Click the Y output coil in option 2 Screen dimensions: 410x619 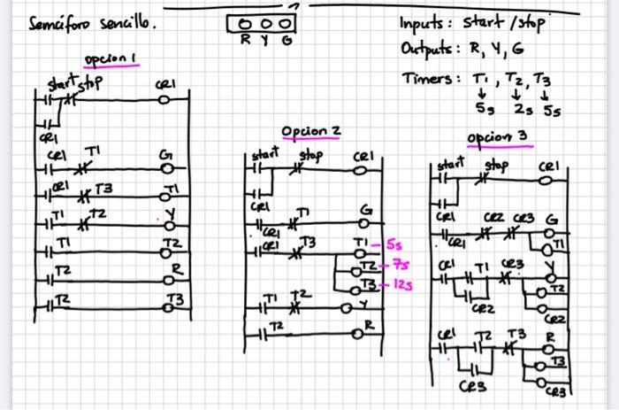[352, 308]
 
